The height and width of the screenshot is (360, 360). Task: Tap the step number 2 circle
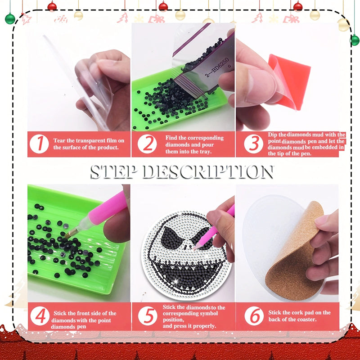pos(147,144)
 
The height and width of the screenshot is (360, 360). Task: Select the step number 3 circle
pos(254,144)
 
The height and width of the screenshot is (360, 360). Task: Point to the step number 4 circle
pos(40,316)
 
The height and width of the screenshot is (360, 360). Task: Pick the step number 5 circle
pos(147,316)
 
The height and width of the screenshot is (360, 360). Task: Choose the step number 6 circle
pos(254,316)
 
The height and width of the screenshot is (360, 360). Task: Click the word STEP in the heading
pos(114,172)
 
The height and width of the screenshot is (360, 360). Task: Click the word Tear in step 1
pos(61,140)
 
